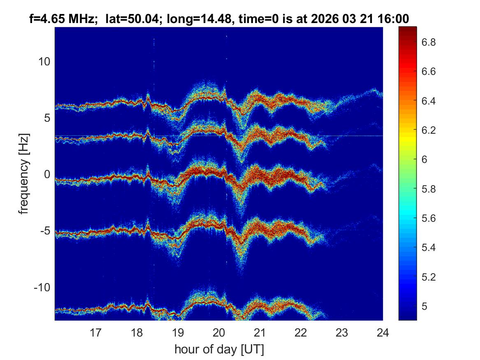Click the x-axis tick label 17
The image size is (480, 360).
[x=96, y=332]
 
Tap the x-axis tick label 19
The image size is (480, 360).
[x=178, y=332]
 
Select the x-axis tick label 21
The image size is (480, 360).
[x=260, y=332]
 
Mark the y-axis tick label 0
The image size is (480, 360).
[x=46, y=174]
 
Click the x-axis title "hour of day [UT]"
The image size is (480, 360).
[x=219, y=349]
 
